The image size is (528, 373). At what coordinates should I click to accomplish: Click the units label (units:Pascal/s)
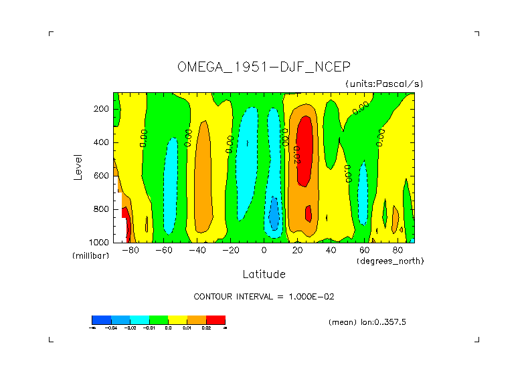[384, 84]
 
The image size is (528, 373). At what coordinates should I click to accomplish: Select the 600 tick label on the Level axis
[102, 176]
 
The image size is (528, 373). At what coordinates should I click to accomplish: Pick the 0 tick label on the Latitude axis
[264, 251]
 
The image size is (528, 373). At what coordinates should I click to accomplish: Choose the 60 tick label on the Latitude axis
[365, 251]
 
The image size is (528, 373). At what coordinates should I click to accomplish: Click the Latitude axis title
[264, 274]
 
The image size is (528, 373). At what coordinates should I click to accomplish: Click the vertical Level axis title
[78, 166]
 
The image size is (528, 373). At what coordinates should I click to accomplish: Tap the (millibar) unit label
[90, 256]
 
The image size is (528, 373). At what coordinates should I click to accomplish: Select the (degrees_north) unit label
[390, 261]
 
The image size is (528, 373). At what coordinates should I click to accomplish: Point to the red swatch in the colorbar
[216, 320]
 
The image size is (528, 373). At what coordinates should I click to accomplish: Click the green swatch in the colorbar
[159, 320]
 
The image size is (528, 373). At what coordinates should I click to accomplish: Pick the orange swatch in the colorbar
[197, 320]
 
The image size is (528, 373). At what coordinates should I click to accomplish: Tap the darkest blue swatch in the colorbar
[101, 320]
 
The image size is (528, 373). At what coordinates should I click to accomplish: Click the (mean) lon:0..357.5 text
[367, 322]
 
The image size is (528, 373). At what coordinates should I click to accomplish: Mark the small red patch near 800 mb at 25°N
[309, 213]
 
